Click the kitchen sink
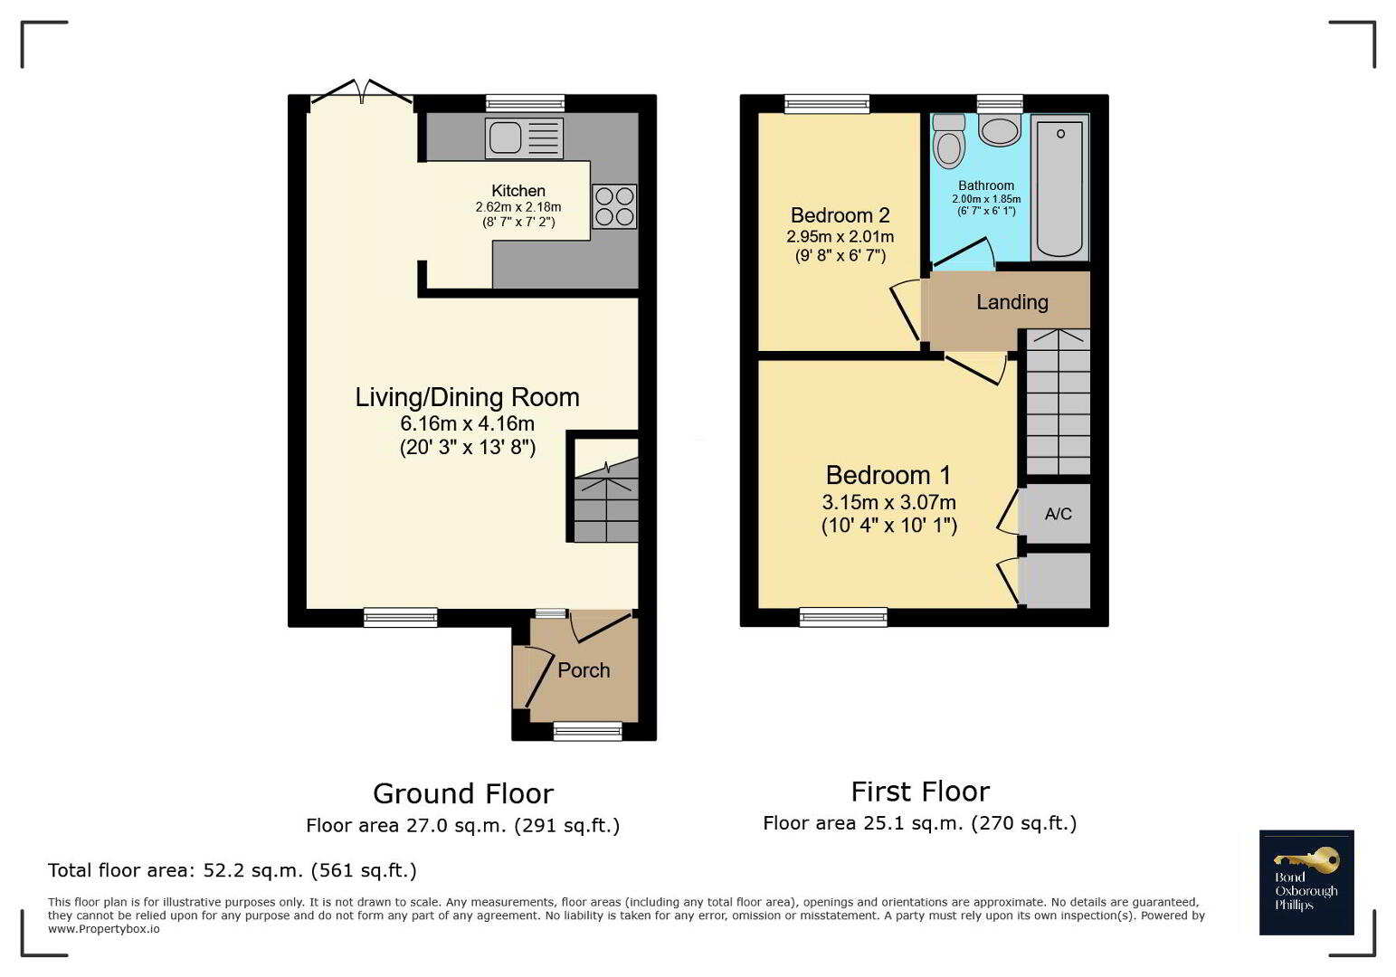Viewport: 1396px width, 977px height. (524, 138)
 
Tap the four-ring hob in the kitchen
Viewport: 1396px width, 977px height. (614, 206)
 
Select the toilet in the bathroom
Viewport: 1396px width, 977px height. (948, 141)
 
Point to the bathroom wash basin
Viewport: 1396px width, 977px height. (1000, 129)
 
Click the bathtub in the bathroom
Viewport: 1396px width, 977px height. (1059, 187)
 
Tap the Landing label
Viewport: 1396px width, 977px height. (1012, 302)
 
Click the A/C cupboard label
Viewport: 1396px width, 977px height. (1059, 514)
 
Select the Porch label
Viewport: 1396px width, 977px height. (584, 670)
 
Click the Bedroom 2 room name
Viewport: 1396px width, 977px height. (840, 215)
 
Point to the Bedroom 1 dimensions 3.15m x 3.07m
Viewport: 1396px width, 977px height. (888, 502)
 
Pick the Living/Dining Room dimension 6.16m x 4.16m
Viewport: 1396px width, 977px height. (468, 423)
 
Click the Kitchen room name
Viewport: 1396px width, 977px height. (518, 191)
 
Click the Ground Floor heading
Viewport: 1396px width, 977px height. (463, 794)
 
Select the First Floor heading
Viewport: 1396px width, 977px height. (920, 792)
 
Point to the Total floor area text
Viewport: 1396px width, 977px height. (233, 870)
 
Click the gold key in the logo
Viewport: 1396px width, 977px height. (1306, 860)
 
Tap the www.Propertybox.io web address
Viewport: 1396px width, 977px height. (104, 929)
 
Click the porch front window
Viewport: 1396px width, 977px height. (588, 730)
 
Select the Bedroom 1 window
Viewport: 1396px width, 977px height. (843, 617)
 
